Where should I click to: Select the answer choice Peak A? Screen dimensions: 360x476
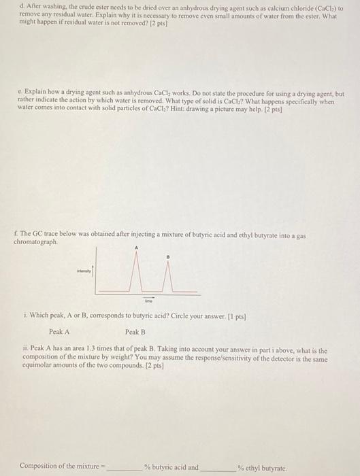(x=59, y=332)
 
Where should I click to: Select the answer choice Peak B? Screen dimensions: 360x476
(x=135, y=332)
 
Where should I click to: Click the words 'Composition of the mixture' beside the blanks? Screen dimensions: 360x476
(x=60, y=466)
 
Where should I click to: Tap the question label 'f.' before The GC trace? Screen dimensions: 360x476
(x=16, y=235)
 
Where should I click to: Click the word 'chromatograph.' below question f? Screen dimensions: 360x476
(x=36, y=241)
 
